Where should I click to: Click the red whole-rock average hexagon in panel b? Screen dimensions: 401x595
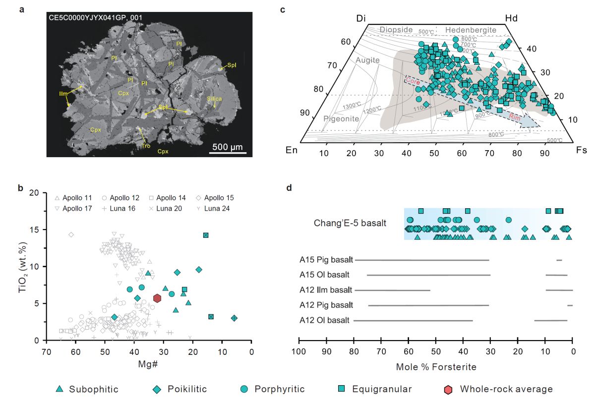coord(157,298)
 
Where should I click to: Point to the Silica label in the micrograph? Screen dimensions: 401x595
coord(214,99)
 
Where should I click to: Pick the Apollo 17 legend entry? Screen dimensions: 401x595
coord(71,208)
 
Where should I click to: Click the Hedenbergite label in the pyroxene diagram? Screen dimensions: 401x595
coord(470,30)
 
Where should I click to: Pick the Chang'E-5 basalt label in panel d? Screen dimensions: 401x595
coord(350,223)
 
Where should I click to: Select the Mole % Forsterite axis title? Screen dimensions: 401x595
coord(436,367)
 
